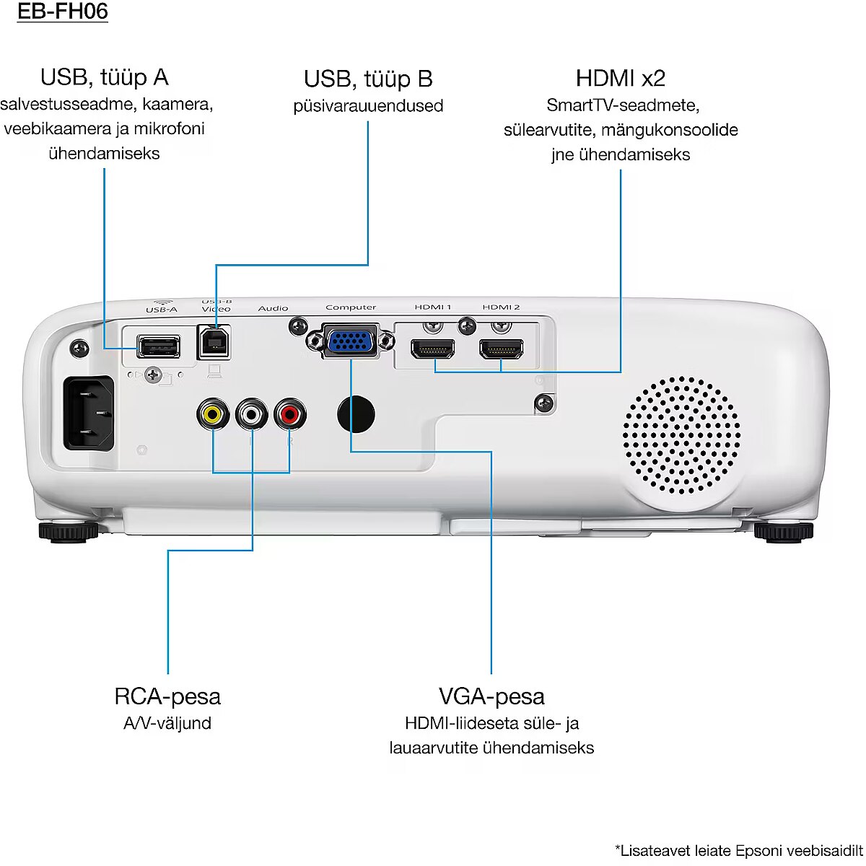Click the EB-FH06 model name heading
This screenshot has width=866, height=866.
click(x=63, y=12)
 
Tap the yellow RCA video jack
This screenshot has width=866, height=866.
click(x=212, y=414)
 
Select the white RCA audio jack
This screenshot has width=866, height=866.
click(x=251, y=414)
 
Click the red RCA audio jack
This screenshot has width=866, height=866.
click(x=290, y=414)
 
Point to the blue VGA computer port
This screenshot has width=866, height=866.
click(x=350, y=341)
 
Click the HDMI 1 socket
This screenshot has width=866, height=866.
click(x=432, y=349)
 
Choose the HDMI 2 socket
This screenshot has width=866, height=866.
click(x=501, y=349)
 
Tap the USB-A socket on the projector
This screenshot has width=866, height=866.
click(x=158, y=347)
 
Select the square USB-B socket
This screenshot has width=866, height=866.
click(x=214, y=342)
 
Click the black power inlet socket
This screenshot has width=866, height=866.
click(x=89, y=414)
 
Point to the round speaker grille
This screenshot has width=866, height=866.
click(x=681, y=433)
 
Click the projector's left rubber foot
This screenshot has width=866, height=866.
click(x=68, y=533)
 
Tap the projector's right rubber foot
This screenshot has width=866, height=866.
click(x=783, y=533)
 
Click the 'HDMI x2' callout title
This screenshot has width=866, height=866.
click(x=620, y=78)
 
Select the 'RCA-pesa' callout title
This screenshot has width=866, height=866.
click(x=167, y=696)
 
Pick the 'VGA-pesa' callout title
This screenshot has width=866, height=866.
click(x=491, y=696)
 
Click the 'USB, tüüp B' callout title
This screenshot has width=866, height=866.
click(x=367, y=79)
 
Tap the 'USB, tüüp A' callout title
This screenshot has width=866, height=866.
click(x=104, y=77)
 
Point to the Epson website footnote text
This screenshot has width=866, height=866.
click(x=738, y=851)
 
